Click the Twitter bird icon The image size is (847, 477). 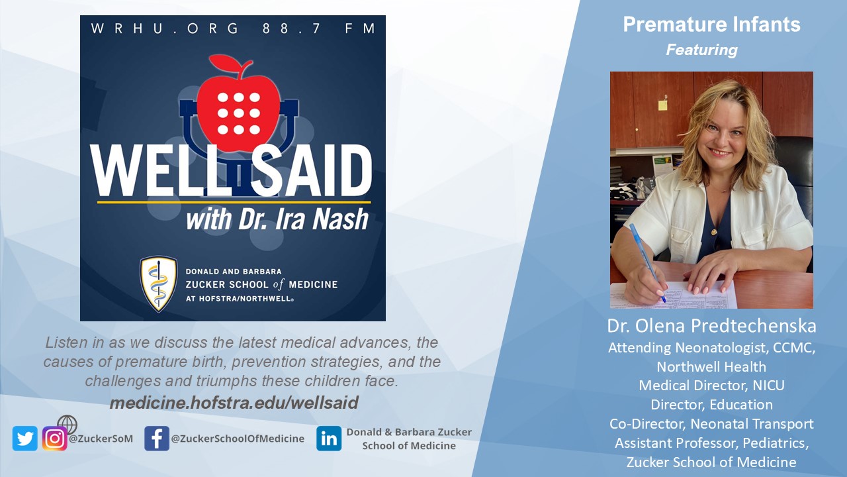pos(25,439)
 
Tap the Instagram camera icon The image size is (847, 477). pos(55,439)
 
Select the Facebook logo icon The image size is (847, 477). pos(157,439)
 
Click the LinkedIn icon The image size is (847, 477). pos(329,439)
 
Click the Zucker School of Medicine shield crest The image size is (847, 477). pos(159,284)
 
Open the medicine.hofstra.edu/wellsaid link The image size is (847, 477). pos(234,403)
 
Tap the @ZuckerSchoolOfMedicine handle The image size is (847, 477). pos(238,439)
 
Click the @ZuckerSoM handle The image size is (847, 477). pos(101,439)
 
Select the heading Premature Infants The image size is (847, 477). pos(711,25)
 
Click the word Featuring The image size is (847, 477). pos(702,50)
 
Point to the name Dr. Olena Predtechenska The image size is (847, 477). pos(711,326)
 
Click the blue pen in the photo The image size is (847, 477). pos(647,263)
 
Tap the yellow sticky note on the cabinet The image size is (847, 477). pos(662,105)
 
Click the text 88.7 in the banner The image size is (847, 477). pos(292,28)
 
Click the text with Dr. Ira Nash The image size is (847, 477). pos(277,219)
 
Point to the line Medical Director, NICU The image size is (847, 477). pos(711,386)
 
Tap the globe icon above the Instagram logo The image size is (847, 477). pos(67,425)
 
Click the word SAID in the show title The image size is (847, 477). pos(311,170)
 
